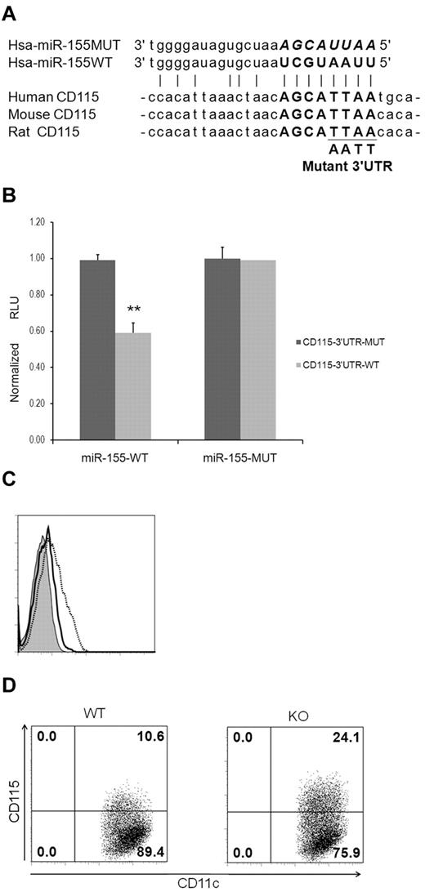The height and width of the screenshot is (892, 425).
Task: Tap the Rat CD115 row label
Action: pos(45,132)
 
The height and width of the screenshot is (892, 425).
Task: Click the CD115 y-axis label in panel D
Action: pos(11,787)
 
